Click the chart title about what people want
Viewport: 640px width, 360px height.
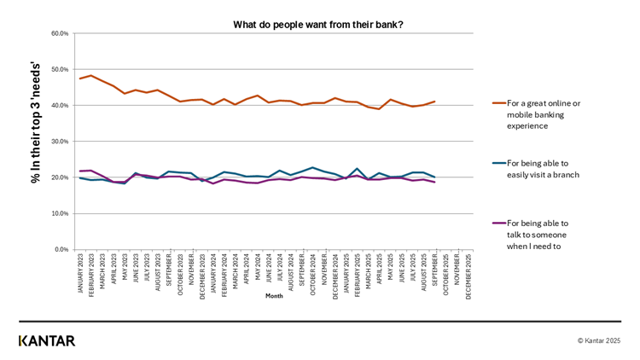tap(318, 25)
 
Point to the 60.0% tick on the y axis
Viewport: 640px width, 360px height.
tap(60, 34)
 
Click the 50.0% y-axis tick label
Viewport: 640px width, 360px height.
tap(60, 70)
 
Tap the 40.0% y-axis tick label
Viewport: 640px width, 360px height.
tap(60, 106)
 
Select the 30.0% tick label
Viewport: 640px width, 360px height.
tap(60, 142)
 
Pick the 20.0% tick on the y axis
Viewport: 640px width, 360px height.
tap(60, 177)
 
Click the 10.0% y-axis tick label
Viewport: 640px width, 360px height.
tap(60, 213)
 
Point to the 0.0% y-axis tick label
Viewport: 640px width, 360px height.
tap(61, 250)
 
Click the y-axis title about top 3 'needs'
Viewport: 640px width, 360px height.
tap(36, 122)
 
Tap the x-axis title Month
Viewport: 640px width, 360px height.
tap(274, 296)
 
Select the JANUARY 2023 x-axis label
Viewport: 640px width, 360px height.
tap(80, 275)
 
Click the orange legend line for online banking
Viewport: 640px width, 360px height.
tap(498, 103)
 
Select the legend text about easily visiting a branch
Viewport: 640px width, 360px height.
tap(543, 169)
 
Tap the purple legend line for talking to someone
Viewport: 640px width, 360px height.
tap(498, 223)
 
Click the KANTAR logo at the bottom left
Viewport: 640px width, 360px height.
tap(47, 340)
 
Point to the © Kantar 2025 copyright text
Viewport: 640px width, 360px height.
tap(599, 340)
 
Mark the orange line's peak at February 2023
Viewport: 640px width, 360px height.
tap(91, 75)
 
